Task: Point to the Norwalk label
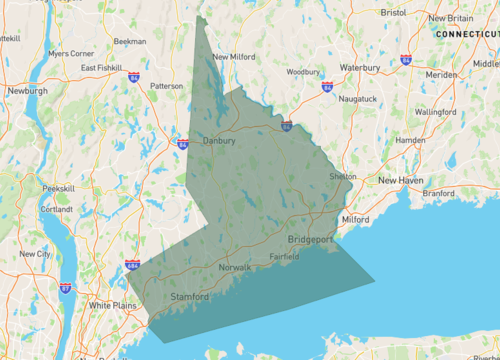click(x=235, y=269)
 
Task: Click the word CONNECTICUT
click(x=467, y=33)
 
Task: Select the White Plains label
click(x=112, y=305)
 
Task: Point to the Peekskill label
click(x=59, y=188)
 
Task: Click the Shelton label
click(x=342, y=176)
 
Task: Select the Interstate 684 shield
click(x=133, y=265)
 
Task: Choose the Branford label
click(x=438, y=193)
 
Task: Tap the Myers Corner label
click(x=70, y=53)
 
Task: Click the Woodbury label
click(x=302, y=72)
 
